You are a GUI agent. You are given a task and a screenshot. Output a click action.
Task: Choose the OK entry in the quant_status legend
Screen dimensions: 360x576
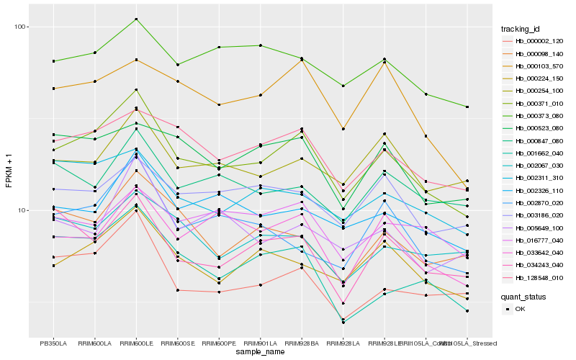(521, 309)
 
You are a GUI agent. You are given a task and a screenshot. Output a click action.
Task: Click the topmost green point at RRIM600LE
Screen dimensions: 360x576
(136, 19)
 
